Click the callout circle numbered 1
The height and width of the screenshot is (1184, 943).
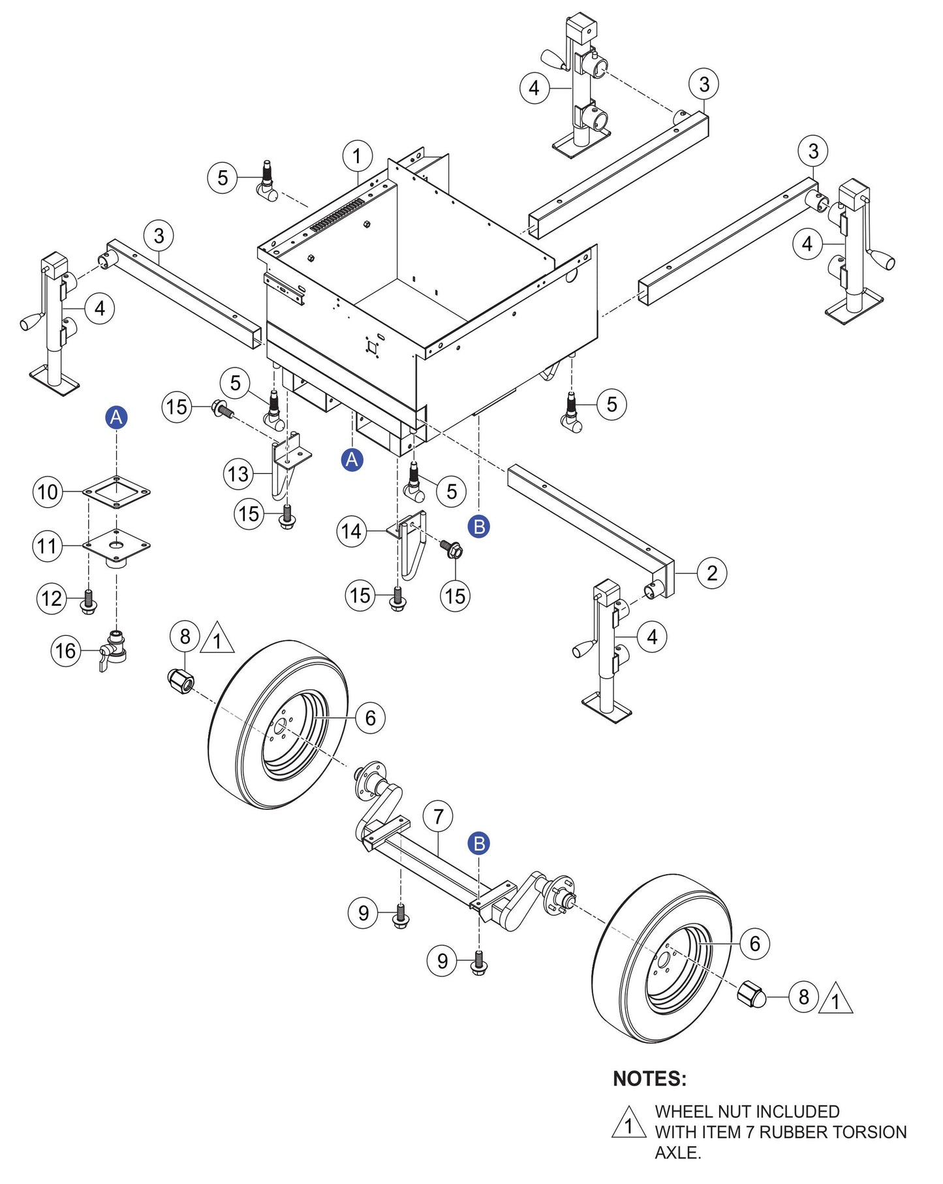click(357, 156)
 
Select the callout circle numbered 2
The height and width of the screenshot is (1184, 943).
click(711, 573)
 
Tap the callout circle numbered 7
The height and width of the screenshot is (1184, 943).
click(438, 817)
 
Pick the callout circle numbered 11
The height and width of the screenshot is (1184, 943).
click(48, 546)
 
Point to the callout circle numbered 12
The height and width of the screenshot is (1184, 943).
click(52, 599)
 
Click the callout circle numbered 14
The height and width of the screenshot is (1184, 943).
click(352, 531)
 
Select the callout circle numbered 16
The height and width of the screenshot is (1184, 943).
click(66, 651)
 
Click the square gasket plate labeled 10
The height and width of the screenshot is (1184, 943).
click(117, 491)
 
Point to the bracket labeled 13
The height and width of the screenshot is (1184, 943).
click(285, 463)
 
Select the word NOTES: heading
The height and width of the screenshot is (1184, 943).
click(649, 1078)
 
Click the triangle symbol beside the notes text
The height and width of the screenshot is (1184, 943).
click(628, 1123)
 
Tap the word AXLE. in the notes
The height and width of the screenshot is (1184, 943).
click(677, 1153)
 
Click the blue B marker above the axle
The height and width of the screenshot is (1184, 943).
click(479, 843)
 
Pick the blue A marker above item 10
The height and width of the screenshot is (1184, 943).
click(116, 417)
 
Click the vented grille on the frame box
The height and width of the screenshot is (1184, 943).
click(337, 216)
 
